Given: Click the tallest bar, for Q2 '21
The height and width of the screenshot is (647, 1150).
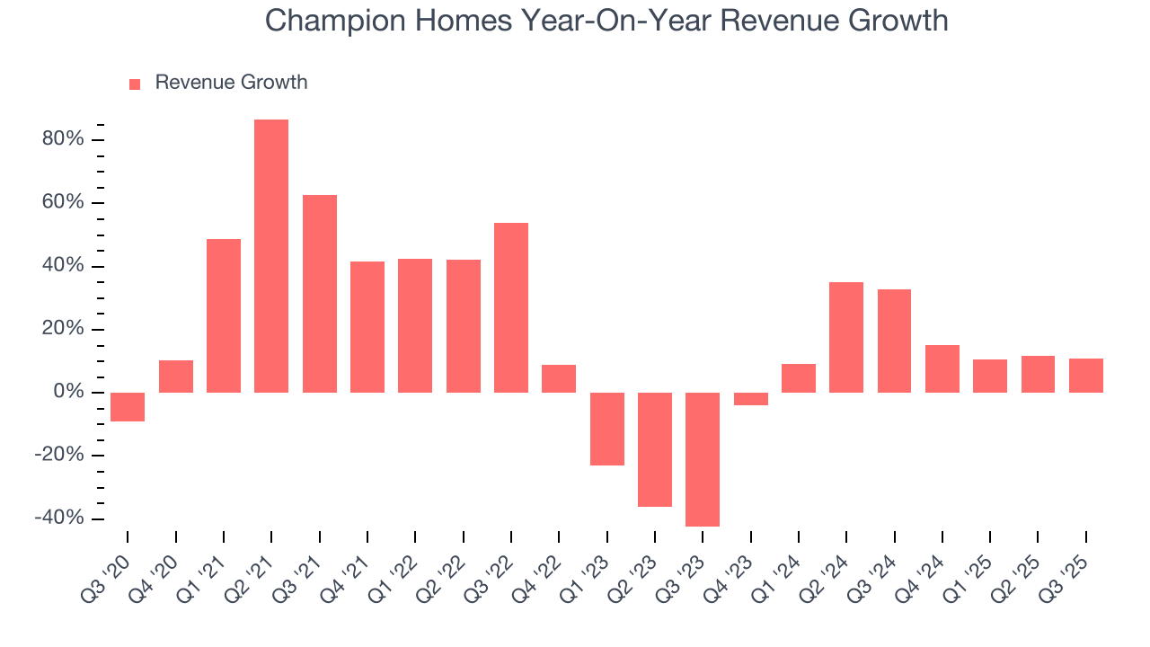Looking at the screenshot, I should coord(271,256).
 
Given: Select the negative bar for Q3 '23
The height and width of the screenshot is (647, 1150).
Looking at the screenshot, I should coord(703,459).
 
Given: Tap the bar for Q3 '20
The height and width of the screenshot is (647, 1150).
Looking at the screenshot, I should coord(128,407).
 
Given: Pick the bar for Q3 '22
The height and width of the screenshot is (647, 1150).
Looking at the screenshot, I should coord(511,307).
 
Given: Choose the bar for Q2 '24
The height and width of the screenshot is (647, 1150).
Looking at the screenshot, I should coord(846,337).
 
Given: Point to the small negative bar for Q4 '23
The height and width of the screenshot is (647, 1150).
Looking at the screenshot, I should coord(750,399).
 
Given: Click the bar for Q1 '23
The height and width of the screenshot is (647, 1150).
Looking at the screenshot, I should coord(606,429).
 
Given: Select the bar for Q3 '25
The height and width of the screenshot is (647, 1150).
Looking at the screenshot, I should coord(1085,376).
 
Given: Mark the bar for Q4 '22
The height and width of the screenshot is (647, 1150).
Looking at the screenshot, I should coord(559,378).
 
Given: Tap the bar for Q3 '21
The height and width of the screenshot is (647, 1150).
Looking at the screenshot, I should coord(320,294).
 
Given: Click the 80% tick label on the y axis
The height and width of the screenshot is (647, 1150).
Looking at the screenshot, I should coord(63,139).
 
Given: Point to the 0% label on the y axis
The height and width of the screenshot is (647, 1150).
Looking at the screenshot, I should coord(68,393).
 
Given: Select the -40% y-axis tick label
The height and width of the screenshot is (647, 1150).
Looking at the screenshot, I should coord(59,518).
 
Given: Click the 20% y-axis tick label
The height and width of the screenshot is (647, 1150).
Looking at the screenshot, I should coord(63,329).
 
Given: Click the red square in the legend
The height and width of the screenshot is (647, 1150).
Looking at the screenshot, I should coord(135,84).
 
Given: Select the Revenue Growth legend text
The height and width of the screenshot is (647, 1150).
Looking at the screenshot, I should coord(231,83).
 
